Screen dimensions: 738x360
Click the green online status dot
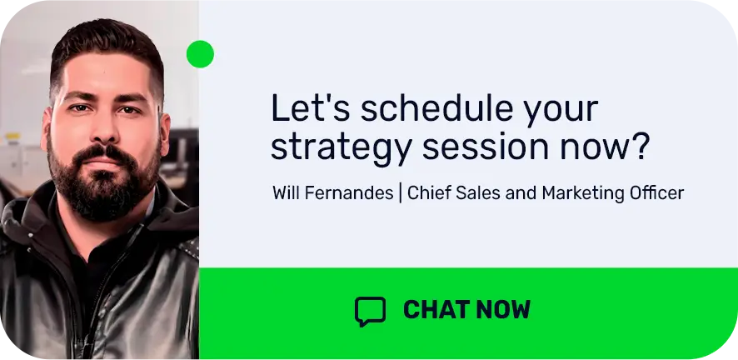[200, 54]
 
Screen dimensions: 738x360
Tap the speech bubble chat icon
[370, 311]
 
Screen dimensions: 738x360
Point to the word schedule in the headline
[436, 107]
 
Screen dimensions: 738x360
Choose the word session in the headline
[486, 147]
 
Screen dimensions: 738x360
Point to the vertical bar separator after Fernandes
[401, 193]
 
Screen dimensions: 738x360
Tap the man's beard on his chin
[104, 195]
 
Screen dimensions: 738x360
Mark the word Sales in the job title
[471, 193]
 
